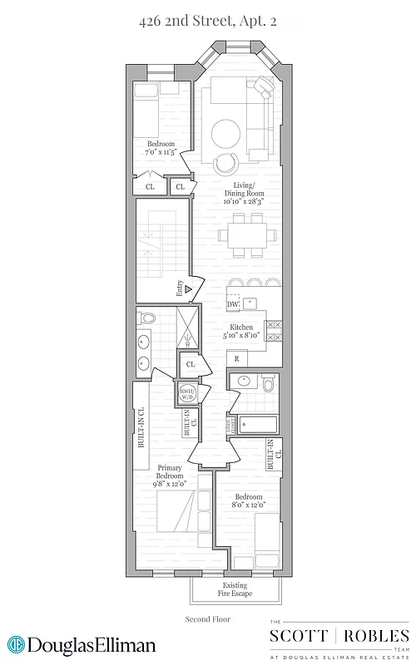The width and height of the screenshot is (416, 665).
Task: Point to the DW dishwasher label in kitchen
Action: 233,305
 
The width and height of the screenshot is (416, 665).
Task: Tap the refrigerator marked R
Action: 237,359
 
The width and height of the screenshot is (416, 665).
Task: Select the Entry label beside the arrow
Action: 180,289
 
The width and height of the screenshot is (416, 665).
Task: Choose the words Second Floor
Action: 208,619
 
